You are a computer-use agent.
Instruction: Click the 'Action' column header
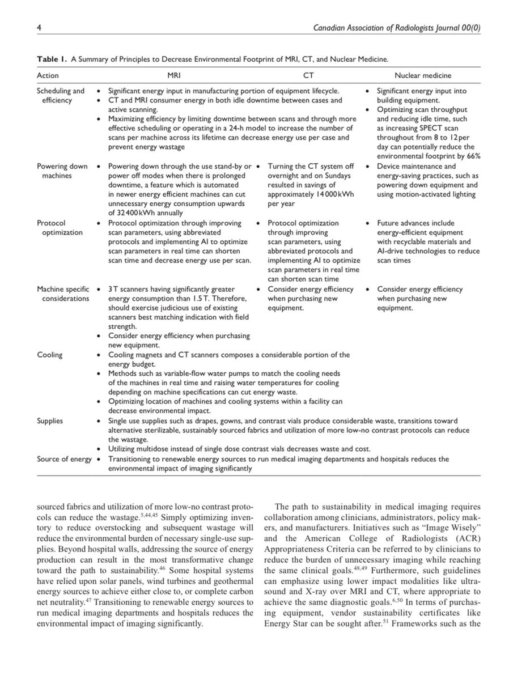tap(48, 75)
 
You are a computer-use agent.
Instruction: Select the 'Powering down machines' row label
tap(62, 171)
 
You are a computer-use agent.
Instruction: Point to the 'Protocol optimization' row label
tap(59, 228)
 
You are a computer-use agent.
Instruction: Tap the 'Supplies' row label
tap(50, 420)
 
